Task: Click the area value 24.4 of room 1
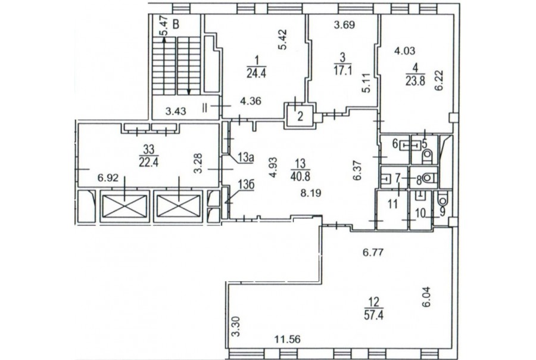tap(256, 73)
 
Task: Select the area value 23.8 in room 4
tap(415, 81)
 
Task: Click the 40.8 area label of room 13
tap(301, 176)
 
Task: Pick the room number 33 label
tap(149, 149)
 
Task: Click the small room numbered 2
tap(300, 116)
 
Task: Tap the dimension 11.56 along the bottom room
tap(288, 340)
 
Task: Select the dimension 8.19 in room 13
tap(311, 193)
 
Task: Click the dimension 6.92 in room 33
tap(108, 178)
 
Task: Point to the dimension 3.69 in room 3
tap(344, 24)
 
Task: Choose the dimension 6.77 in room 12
tap(373, 253)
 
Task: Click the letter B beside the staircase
tap(176, 24)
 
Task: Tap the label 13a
tap(245, 158)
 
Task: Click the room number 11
tap(393, 204)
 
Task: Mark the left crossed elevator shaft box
tap(124, 206)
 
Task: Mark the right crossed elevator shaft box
tap(179, 206)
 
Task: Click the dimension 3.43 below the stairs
tap(176, 111)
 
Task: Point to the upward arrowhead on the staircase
tap(164, 40)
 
